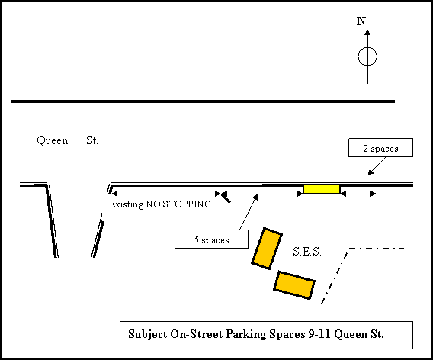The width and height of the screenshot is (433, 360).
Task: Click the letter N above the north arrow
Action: pyautogui.click(x=361, y=21)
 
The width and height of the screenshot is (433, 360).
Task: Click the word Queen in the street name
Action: pyautogui.click(x=53, y=141)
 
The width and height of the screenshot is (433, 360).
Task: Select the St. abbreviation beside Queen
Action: pyautogui.click(x=92, y=140)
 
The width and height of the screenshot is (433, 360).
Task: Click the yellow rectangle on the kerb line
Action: pyautogui.click(x=322, y=189)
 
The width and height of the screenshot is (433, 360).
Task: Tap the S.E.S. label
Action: pyautogui.click(x=307, y=252)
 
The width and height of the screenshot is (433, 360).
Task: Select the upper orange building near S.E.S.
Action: pyautogui.click(x=267, y=249)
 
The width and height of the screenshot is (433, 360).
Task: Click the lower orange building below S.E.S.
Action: pyautogui.click(x=294, y=285)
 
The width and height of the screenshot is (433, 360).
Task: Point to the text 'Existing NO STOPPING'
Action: pyautogui.click(x=160, y=204)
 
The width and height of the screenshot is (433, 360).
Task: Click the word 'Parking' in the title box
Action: pyautogui.click(x=245, y=334)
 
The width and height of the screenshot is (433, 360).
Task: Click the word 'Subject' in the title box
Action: pyautogui.click(x=148, y=334)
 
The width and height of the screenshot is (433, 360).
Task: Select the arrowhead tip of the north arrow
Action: pyautogui.click(x=367, y=30)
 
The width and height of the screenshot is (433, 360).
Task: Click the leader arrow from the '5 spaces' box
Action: pyautogui.click(x=249, y=212)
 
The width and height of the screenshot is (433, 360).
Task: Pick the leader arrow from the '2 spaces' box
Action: pyautogui.click(x=377, y=166)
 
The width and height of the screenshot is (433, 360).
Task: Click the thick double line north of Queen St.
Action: pyautogui.click(x=203, y=102)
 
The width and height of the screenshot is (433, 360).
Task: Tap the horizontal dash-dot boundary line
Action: pyautogui.click(x=377, y=249)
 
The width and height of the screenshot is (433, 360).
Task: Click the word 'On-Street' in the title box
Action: pyautogui.click(x=197, y=334)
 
